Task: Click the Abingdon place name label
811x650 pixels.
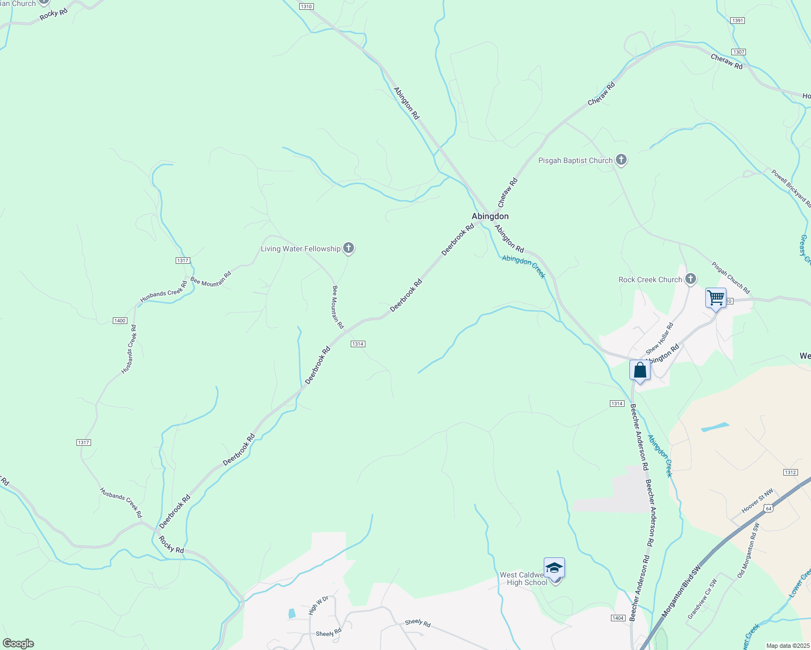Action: pyautogui.click(x=490, y=216)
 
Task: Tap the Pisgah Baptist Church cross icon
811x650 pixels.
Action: pyautogui.click(x=621, y=160)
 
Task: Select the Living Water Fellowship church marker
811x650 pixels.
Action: pyautogui.click(x=349, y=249)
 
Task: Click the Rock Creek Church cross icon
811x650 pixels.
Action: pyautogui.click(x=690, y=279)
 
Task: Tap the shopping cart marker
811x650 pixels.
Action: pyautogui.click(x=716, y=298)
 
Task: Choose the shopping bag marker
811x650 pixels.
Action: pyautogui.click(x=640, y=370)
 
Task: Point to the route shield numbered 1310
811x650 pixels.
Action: pyautogui.click(x=306, y=6)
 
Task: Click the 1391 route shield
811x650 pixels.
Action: pyautogui.click(x=738, y=21)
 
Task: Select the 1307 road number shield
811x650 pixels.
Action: pyautogui.click(x=738, y=52)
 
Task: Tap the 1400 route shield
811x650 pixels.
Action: pyautogui.click(x=120, y=321)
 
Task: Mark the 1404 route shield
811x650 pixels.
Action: pyautogui.click(x=618, y=618)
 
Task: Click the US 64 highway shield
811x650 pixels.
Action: pyautogui.click(x=768, y=508)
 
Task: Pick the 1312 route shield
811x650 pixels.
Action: pyautogui.click(x=790, y=472)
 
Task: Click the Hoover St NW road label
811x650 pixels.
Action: pyautogui.click(x=757, y=503)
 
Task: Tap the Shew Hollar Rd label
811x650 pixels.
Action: pyautogui.click(x=660, y=339)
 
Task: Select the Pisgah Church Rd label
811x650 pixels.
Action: pyautogui.click(x=731, y=278)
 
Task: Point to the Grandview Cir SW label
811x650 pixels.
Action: pyautogui.click(x=702, y=599)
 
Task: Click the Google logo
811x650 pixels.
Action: pyautogui.click(x=18, y=643)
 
